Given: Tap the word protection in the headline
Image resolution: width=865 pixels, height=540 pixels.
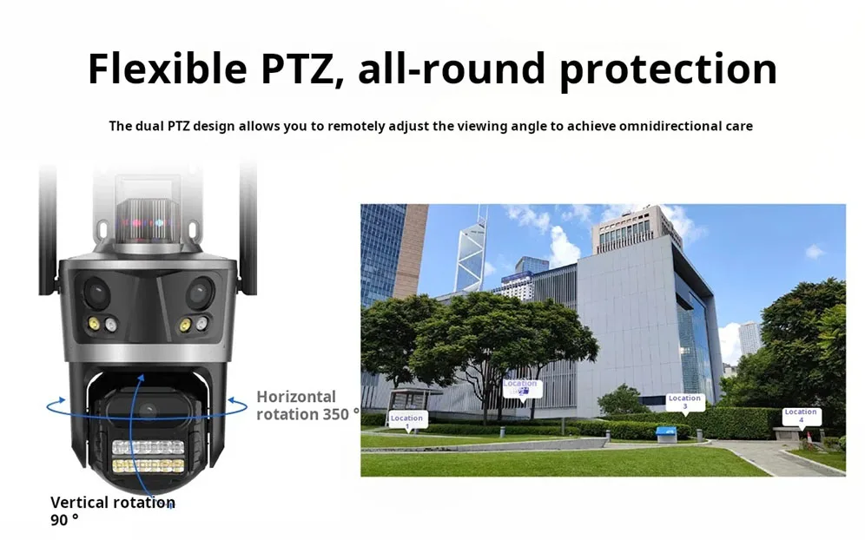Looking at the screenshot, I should pos(668,69).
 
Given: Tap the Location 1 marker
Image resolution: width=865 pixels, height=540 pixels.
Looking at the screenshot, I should pos(406,418).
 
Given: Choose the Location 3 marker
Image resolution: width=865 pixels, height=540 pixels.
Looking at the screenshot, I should pos(684,402).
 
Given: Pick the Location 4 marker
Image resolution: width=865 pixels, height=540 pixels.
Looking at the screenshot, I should pos(801,416).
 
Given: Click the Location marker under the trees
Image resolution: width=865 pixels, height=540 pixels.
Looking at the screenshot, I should pos(521,387).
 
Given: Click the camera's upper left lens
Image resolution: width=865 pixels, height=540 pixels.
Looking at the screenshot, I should pos(96,293).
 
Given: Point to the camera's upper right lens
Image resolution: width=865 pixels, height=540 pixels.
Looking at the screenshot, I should pos(199,292).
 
